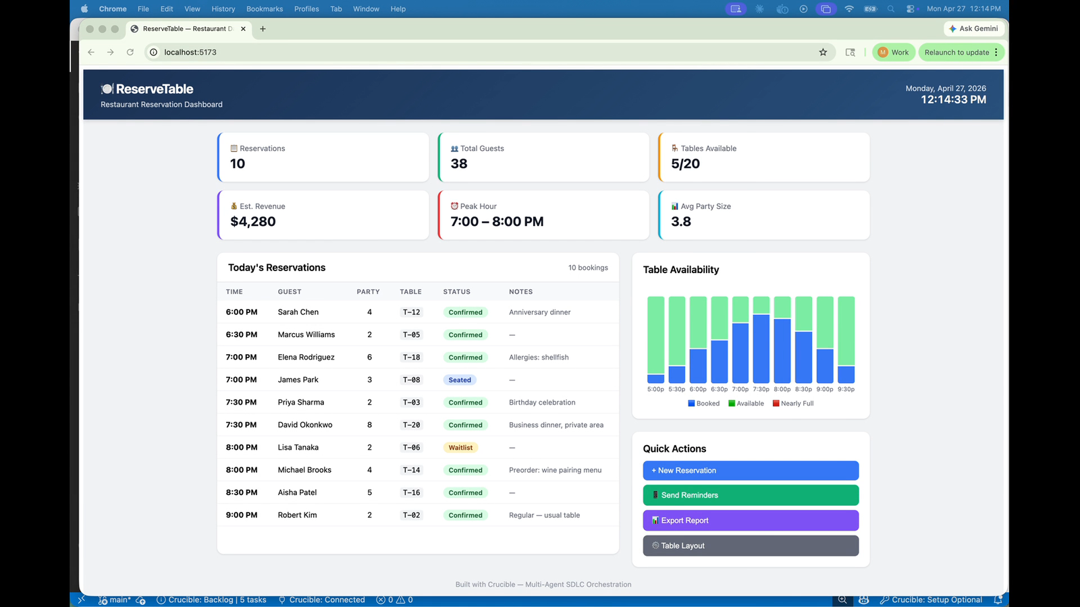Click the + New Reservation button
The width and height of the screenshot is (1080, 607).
point(750,470)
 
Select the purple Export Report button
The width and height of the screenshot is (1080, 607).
point(750,520)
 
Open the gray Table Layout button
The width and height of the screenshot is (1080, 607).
point(750,546)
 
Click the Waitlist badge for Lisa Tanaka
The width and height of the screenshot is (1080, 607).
point(460,447)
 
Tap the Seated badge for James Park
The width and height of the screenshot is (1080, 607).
point(460,380)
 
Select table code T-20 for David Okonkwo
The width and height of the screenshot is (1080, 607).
point(411,425)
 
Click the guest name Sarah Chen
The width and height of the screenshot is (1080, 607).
point(298,312)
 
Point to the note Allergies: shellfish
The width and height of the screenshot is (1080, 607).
point(539,357)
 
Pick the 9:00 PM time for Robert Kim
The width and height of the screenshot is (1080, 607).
point(242,515)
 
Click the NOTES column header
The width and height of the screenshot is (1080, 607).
point(520,291)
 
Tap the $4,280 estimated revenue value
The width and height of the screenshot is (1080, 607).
point(253,221)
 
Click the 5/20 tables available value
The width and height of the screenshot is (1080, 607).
point(685,163)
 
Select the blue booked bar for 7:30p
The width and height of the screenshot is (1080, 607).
point(761,349)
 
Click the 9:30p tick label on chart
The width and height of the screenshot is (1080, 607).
point(846,389)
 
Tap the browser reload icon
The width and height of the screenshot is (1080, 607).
point(130,52)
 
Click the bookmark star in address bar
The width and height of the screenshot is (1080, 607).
point(823,52)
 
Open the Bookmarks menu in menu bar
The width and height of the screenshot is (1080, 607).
point(265,9)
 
